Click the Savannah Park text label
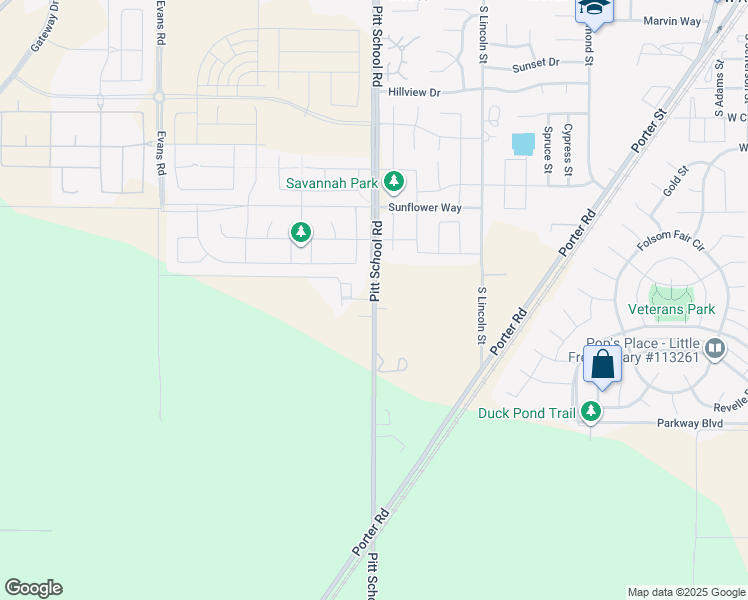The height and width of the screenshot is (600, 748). coord(331,183)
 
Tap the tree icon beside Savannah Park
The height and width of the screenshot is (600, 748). coord(395,181)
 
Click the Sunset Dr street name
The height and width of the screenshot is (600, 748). coord(535,64)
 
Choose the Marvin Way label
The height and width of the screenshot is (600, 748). coord(672,21)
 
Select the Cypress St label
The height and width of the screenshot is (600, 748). coord(567,148)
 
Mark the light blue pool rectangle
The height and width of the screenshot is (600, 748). coord(523,144)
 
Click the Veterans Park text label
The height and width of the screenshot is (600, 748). coord(671,309)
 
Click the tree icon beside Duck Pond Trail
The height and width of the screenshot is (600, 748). coord(592,411)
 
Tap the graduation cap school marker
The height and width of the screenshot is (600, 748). coord(594,10)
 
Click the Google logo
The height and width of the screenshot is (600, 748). coord(33,588)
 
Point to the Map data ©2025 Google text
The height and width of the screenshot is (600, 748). coord(686,592)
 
